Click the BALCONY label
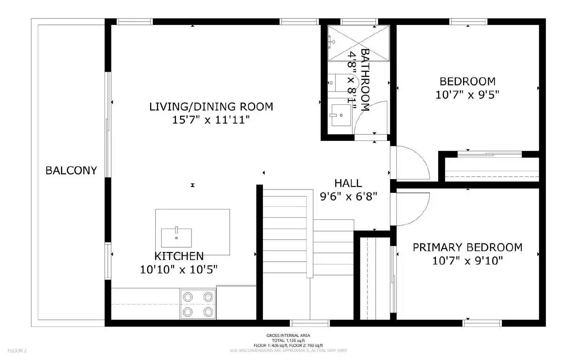point(71,170)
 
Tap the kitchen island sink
point(176,237)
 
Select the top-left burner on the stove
point(188,297)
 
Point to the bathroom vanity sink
point(341,115)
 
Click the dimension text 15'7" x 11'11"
point(211,120)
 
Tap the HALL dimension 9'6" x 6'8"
point(348,196)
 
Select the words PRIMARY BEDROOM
point(467,247)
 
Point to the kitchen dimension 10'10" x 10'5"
point(179,269)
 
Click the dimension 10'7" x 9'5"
point(467,95)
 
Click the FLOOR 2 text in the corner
point(17,350)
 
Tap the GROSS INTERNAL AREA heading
point(288,335)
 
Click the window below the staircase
point(310,323)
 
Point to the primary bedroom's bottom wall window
point(482,323)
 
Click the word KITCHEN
point(179,256)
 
